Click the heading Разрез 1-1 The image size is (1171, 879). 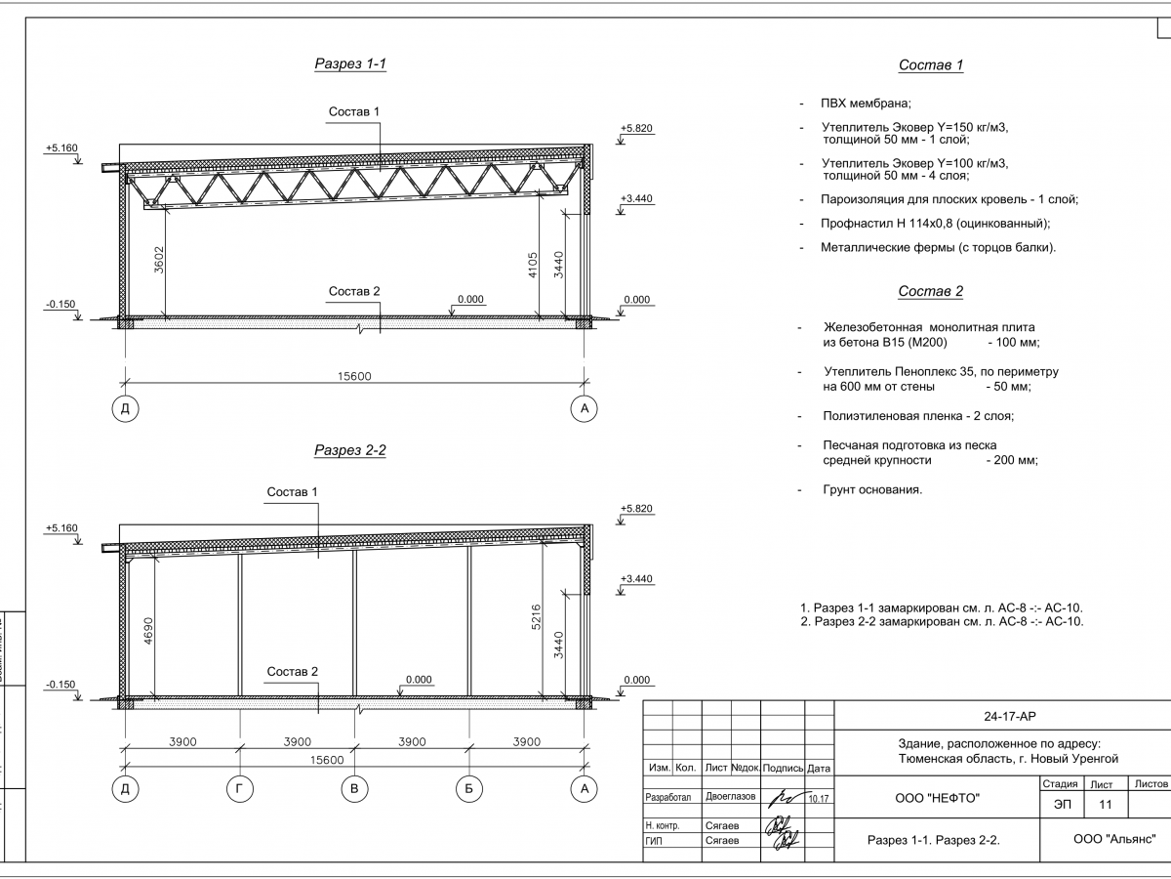click(x=350, y=64)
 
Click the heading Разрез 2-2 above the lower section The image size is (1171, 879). click(x=350, y=450)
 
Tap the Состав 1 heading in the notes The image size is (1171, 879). click(x=930, y=65)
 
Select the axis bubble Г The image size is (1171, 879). click(x=240, y=790)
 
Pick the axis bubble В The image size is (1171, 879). click(x=354, y=790)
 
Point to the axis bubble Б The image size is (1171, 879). click(x=469, y=790)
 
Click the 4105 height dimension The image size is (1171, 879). click(x=532, y=263)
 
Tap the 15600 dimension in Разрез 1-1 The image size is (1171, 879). click(x=353, y=376)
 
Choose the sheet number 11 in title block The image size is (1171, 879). click(x=1105, y=804)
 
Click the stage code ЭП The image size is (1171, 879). click(x=1060, y=804)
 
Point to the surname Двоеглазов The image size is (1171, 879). click(x=731, y=797)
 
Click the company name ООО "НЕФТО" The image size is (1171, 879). click(x=938, y=798)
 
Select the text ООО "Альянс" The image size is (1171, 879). click(x=1114, y=838)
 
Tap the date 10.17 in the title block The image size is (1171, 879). click(x=819, y=799)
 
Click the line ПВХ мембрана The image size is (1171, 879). click(x=866, y=104)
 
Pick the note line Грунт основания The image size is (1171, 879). click(x=872, y=488)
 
